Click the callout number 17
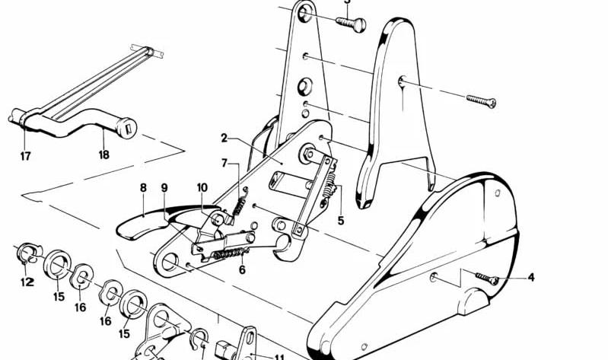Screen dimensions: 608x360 pos(25,156)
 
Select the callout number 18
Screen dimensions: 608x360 pos(103,155)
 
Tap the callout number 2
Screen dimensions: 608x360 pos(224,138)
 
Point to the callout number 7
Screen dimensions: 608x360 pos(224,163)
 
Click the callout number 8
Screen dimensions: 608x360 pos(144,188)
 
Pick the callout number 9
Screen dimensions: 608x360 pos(164,188)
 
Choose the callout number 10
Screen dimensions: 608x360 pos(202,188)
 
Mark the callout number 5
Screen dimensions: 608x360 pos(340,221)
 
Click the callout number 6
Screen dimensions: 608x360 pos(242,269)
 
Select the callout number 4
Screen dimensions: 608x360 pos(531,277)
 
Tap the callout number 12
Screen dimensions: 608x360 pos(27,282)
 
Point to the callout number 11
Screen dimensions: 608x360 pos(279,357)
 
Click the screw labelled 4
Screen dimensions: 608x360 pos(487,278)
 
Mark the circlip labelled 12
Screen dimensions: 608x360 pos(27,253)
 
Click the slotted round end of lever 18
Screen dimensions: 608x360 pos(127,128)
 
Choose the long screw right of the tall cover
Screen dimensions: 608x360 pos(481,101)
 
